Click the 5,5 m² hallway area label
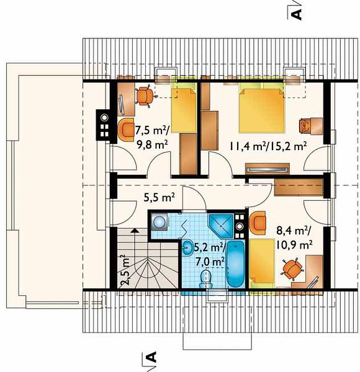pyautogui.click(x=160, y=197)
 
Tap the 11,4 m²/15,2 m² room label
pyautogui.click(x=267, y=146)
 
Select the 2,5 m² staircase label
pyautogui.click(x=125, y=270)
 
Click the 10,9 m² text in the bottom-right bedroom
pyautogui.click(x=294, y=245)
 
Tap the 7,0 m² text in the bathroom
pyautogui.click(x=210, y=262)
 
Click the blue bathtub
pyautogui.click(x=236, y=264)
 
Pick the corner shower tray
pyautogui.click(x=221, y=226)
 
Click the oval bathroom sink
pyautogui.click(x=188, y=247)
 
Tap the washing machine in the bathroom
pyautogui.click(x=160, y=222)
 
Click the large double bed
pyautogui.click(x=261, y=109)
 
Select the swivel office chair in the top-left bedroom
pyautogui.click(x=145, y=96)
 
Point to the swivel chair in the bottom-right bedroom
pyautogui.click(x=292, y=268)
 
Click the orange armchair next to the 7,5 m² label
pyautogui.click(x=126, y=130)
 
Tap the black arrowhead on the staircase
pyautogui.click(x=135, y=229)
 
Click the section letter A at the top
pyautogui.click(x=296, y=14)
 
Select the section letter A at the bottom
pyautogui.click(x=151, y=357)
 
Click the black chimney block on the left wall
pyautogui.click(x=103, y=125)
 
